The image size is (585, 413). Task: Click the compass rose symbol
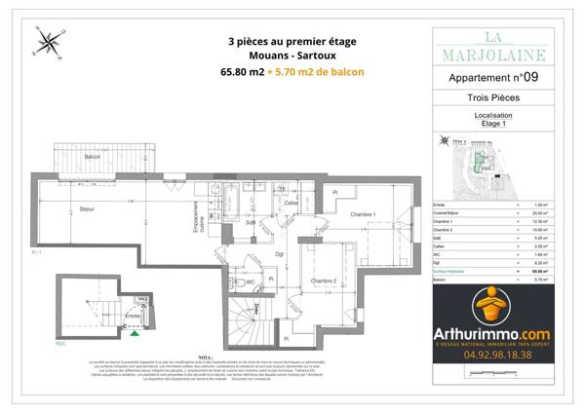click(47, 44)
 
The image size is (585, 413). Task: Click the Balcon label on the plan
click(94, 156)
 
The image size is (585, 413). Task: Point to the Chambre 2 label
click(324, 282)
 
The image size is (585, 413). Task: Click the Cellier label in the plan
click(290, 203)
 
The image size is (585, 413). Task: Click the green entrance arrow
click(134, 332)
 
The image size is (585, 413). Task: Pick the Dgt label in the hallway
click(278, 254)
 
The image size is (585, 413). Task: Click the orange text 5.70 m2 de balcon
click(321, 72)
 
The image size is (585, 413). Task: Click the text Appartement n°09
click(492, 77)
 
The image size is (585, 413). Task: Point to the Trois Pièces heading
click(492, 98)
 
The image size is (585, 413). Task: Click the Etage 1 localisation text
click(492, 125)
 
